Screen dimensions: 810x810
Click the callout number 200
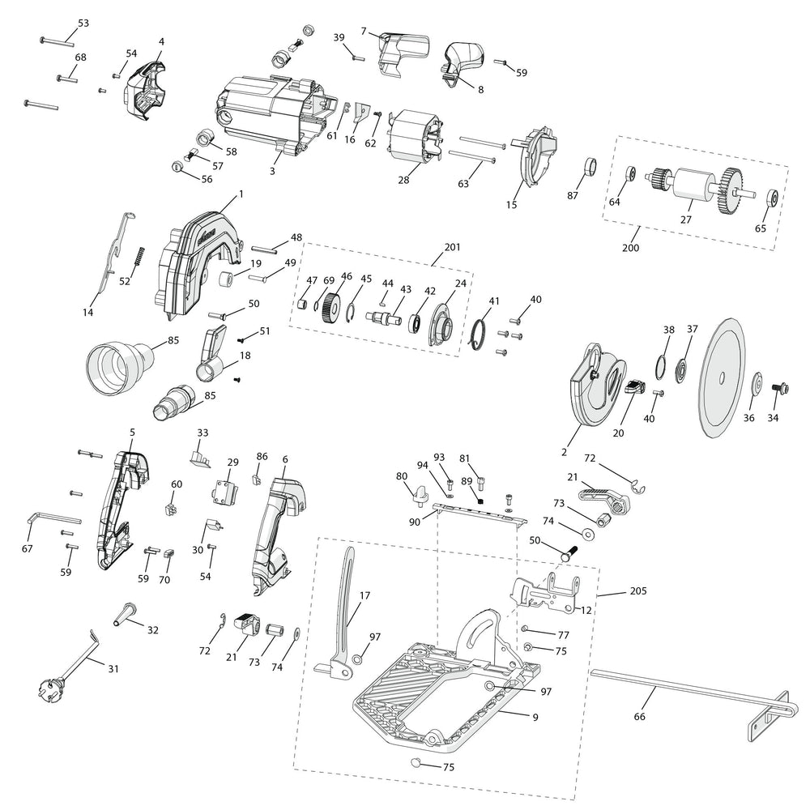(631, 247)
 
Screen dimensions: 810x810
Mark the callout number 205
(637, 591)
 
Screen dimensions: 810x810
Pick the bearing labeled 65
(773, 197)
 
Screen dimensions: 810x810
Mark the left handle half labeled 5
(121, 510)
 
